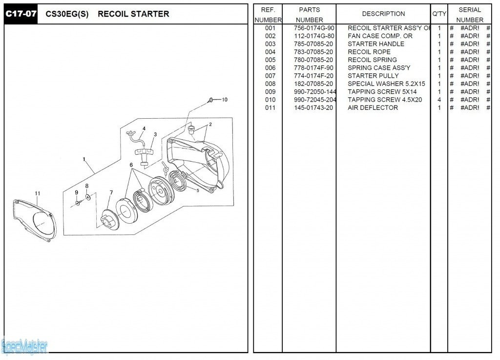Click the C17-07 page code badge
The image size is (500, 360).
(x=21, y=14)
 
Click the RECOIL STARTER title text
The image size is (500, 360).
(x=133, y=14)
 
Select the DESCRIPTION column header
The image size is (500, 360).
(x=383, y=14)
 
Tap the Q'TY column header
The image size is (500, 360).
(x=439, y=14)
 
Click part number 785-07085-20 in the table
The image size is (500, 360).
(x=313, y=44)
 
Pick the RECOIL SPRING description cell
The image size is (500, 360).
(x=372, y=60)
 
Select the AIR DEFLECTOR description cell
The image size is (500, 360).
(x=373, y=107)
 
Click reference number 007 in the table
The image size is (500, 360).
(x=270, y=76)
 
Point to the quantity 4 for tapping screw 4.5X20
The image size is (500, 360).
(x=439, y=100)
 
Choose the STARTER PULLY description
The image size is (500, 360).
(x=373, y=76)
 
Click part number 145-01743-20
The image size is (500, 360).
(x=313, y=107)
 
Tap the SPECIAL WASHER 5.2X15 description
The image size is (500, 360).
(x=386, y=84)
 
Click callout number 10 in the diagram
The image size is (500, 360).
(x=225, y=100)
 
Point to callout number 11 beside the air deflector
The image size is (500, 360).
(x=38, y=193)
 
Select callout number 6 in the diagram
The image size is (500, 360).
(x=131, y=165)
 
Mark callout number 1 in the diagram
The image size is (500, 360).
(x=84, y=159)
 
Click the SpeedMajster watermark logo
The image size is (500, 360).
(x=24, y=347)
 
